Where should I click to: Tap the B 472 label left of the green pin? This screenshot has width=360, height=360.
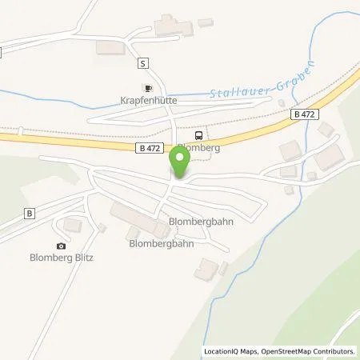pos(151,147)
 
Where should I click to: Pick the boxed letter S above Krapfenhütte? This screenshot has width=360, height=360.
pos(142,63)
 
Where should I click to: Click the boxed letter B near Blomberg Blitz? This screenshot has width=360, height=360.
pos(29,214)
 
